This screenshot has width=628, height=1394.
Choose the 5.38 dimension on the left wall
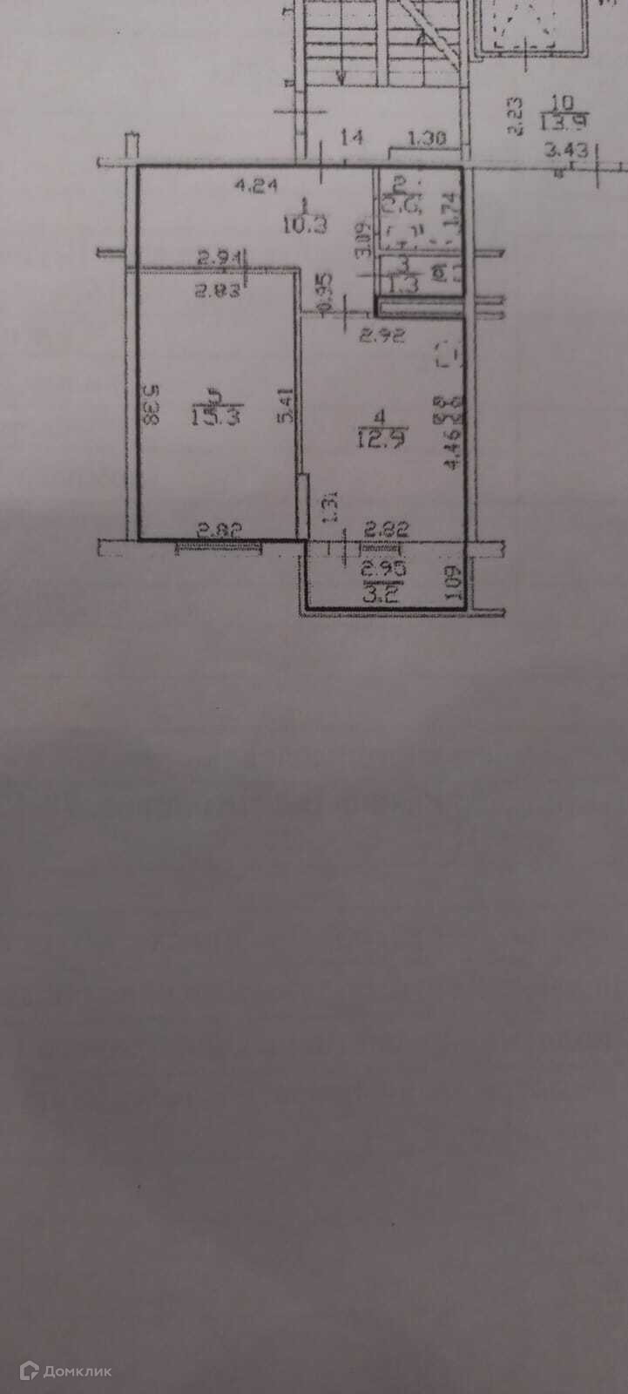(x=151, y=405)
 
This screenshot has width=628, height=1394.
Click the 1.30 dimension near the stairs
(x=427, y=137)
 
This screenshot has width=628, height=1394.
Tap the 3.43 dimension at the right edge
(x=564, y=150)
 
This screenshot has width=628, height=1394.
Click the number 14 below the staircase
(x=352, y=136)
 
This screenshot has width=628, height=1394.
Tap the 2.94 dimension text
(x=216, y=256)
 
